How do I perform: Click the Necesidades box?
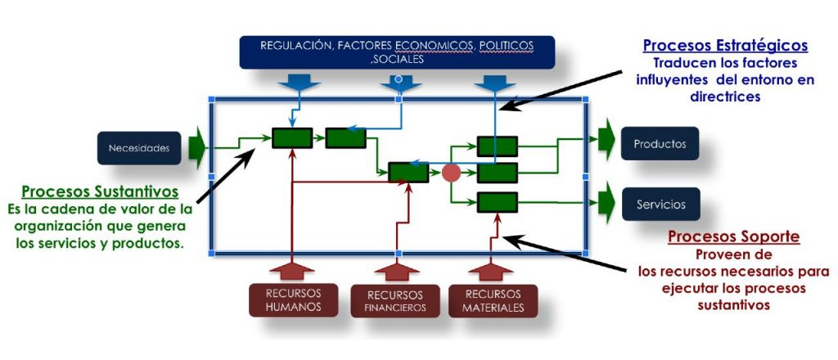pyautogui.click(x=139, y=148)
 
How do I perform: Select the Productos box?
pyautogui.click(x=660, y=144)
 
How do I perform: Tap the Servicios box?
pyautogui.click(x=660, y=205)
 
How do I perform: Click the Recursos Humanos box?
pyautogui.click(x=293, y=299)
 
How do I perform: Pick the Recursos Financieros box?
pyautogui.click(x=397, y=301)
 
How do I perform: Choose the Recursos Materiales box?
pyautogui.click(x=493, y=300)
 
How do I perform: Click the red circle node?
pyautogui.click(x=451, y=173)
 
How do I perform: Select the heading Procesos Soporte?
pyautogui.click(x=733, y=237)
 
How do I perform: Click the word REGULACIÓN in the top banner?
pyautogui.click(x=299, y=45)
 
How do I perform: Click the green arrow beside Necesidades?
pyautogui.click(x=196, y=147)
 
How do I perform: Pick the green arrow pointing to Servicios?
pyautogui.click(x=606, y=200)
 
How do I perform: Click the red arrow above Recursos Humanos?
pyautogui.click(x=293, y=268)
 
